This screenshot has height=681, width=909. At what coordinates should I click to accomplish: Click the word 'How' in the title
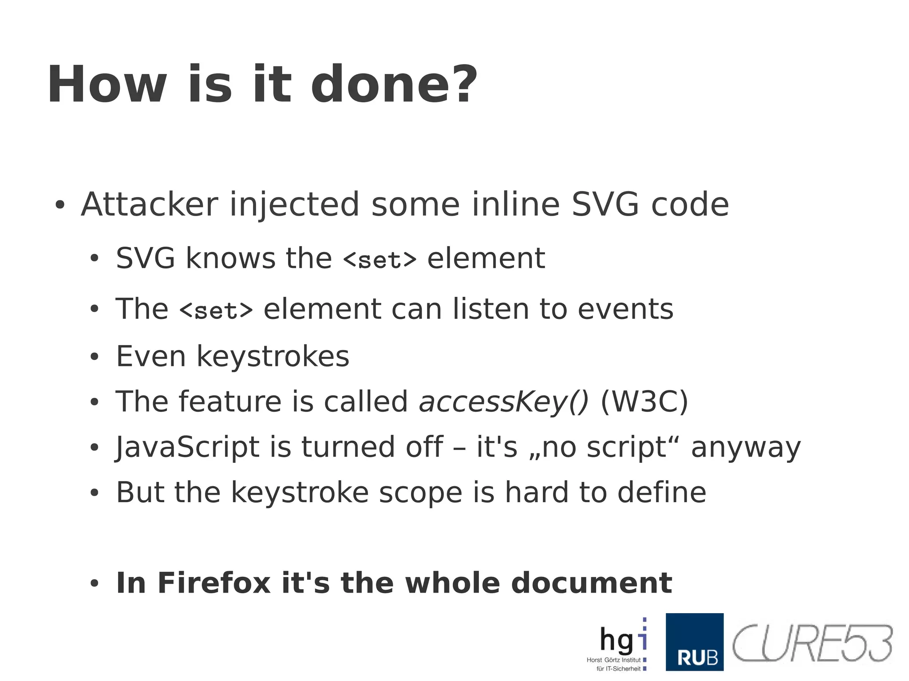click(x=107, y=84)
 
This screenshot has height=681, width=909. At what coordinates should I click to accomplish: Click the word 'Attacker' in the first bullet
click(x=150, y=205)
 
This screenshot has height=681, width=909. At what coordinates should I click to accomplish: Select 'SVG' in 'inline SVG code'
click(x=605, y=205)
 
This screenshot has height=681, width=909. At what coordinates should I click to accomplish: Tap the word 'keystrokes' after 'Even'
click(x=273, y=357)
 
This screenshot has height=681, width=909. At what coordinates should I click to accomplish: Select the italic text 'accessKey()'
click(x=503, y=402)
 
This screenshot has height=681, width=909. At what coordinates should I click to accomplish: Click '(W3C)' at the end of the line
click(x=644, y=402)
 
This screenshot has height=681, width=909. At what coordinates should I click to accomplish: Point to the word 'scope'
click(x=420, y=492)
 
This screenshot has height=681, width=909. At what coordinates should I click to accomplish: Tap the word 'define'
click(x=662, y=492)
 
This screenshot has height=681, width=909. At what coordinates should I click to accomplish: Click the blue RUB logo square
click(x=694, y=642)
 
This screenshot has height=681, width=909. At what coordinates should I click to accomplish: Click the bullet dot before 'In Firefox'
click(x=94, y=584)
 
